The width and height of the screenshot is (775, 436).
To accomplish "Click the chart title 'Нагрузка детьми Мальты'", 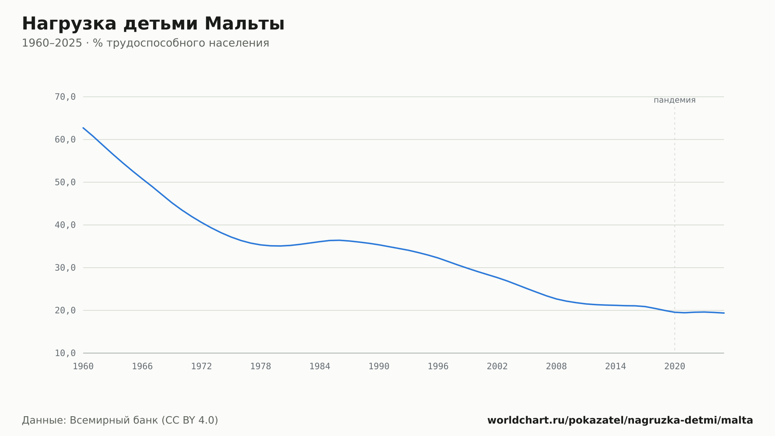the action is click(x=153, y=24).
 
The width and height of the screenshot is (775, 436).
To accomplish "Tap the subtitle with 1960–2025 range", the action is click(x=145, y=43).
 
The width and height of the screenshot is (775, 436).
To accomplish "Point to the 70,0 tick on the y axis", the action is click(x=65, y=97).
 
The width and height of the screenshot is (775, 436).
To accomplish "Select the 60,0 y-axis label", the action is click(x=65, y=140).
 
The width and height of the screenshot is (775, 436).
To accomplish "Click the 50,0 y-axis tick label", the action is click(x=65, y=182).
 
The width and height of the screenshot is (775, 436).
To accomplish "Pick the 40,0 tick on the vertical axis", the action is click(x=65, y=225).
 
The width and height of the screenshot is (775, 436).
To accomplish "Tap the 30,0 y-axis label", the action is click(x=65, y=268).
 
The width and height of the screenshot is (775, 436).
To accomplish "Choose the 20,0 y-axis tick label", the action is click(x=65, y=310).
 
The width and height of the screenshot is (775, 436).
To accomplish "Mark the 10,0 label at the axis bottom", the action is click(x=65, y=353).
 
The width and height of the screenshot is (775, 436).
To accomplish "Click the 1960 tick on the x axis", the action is click(x=83, y=367).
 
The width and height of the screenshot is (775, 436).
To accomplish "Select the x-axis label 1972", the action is click(x=201, y=367).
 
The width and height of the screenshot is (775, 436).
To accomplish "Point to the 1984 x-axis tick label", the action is click(x=320, y=367).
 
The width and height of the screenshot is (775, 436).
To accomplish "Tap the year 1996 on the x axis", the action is click(x=438, y=367).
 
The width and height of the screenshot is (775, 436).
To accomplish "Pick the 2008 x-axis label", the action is click(x=556, y=367).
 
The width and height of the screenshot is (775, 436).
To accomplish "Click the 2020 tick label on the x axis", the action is click(x=675, y=367).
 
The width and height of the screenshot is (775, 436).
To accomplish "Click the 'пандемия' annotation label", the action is click(x=675, y=100).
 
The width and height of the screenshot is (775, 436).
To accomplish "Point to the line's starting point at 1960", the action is click(x=83, y=128).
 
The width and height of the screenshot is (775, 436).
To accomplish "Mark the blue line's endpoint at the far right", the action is click(x=724, y=313).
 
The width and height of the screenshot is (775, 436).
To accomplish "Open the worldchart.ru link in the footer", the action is click(x=620, y=420).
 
